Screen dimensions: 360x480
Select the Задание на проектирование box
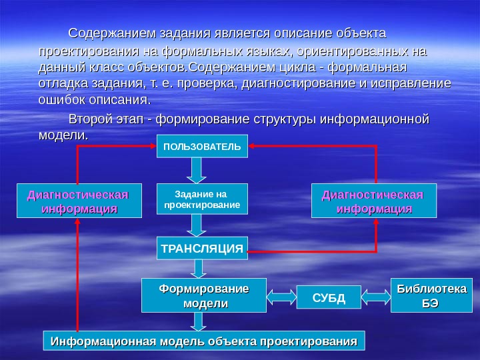201,199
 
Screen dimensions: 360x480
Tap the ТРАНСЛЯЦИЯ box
201,248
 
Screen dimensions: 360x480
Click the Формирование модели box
204,295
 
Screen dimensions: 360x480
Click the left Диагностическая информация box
79,201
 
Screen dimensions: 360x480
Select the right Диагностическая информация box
373,201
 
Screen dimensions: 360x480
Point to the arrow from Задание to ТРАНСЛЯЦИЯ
197,225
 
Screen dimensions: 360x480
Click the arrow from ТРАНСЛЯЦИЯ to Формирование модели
199,268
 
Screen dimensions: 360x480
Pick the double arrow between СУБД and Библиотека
377,296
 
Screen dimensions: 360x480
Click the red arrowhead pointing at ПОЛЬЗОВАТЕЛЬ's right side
251,145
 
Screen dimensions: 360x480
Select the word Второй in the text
89,119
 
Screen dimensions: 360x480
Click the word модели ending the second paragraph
63,135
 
